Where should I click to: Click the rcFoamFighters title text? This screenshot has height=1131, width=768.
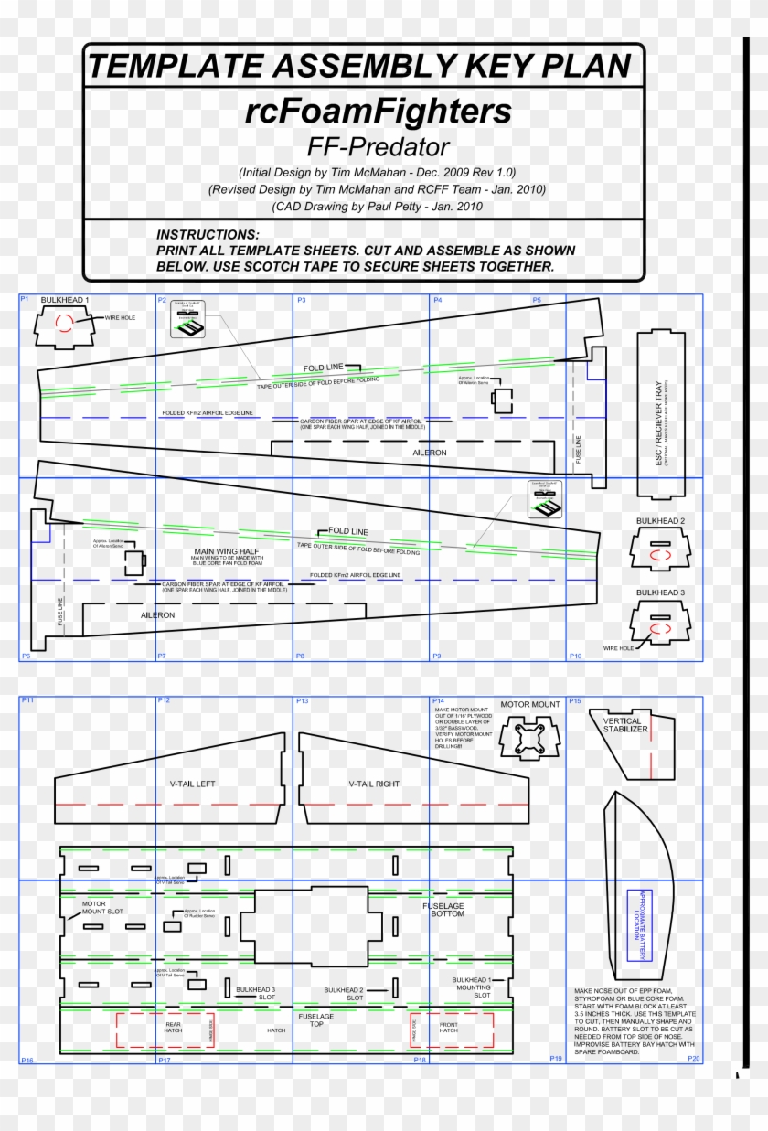point(378,112)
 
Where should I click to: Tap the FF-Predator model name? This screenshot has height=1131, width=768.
point(378,146)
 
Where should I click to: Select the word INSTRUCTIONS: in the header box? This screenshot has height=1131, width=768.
point(208,235)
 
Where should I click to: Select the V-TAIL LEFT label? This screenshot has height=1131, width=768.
point(192,784)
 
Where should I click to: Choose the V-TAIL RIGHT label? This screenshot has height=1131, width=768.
point(374,784)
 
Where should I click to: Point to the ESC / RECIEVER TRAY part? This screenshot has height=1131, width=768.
point(659,413)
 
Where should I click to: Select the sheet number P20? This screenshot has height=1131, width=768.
point(694,1058)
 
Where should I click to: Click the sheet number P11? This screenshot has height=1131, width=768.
point(27,700)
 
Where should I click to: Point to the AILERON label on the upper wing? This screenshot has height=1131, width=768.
point(430,453)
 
